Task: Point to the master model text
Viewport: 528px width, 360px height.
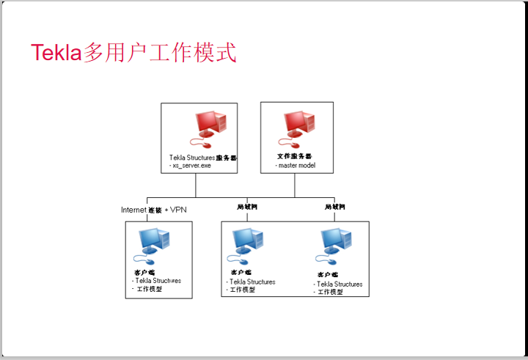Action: point(296,166)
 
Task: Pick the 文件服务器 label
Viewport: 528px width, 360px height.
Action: point(295,157)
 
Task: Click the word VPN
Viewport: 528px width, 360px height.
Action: point(178,210)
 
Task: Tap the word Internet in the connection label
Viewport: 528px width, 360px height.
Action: point(133,210)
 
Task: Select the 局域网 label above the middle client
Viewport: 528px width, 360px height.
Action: point(248,207)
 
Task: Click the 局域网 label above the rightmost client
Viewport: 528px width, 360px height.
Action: point(335,207)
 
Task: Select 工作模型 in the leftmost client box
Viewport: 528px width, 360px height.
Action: point(150,289)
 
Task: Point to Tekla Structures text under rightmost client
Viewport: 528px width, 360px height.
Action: point(340,284)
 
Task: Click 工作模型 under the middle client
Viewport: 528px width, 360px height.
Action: point(243,290)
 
